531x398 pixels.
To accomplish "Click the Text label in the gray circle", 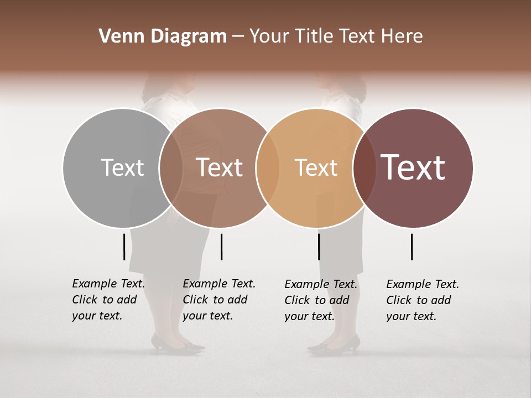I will coord(122,167).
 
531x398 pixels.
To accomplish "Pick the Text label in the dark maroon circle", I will coord(413,167).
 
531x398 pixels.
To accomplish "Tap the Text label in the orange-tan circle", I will coord(316,167).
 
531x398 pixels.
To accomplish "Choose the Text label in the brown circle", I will coord(219,167).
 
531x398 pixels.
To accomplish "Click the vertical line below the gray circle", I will coord(124,247).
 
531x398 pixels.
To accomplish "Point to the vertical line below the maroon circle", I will coord(412,247).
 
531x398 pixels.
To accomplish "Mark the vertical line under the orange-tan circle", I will coord(319,247).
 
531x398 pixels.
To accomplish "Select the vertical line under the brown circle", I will coord(221,247).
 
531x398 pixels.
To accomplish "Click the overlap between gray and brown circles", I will coord(171,167).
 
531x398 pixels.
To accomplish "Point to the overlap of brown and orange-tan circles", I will coord(268,167).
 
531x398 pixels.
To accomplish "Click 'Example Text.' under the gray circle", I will coord(108,284).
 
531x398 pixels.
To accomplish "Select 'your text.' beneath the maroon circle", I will coord(411,316).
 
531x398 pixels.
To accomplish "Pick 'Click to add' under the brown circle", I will coord(215,300).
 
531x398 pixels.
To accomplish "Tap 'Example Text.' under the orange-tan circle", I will coord(321,284).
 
